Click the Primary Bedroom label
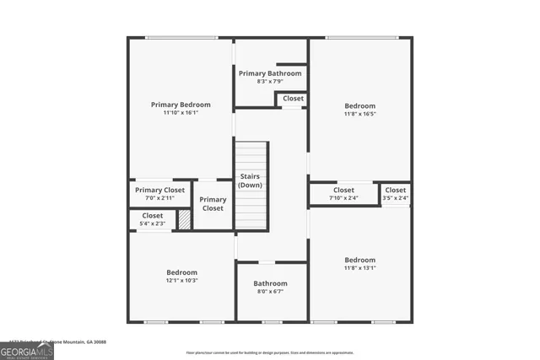coord(181,105)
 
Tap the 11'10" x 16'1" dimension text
coord(181,113)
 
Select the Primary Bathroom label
coord(270,73)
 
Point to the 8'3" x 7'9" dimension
coord(270,82)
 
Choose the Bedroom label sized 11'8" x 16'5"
coord(360,105)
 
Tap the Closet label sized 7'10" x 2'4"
coord(343,191)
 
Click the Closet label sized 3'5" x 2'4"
coord(396,191)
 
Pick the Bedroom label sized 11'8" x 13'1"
coord(360,260)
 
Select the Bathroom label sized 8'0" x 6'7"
coord(271,283)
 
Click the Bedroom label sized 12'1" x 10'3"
coord(181,272)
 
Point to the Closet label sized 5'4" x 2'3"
coord(153,216)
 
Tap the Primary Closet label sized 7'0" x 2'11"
coord(159,191)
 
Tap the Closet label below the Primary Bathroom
coord(293,99)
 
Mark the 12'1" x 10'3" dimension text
coord(181,281)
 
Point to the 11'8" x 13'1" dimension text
coord(360,268)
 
